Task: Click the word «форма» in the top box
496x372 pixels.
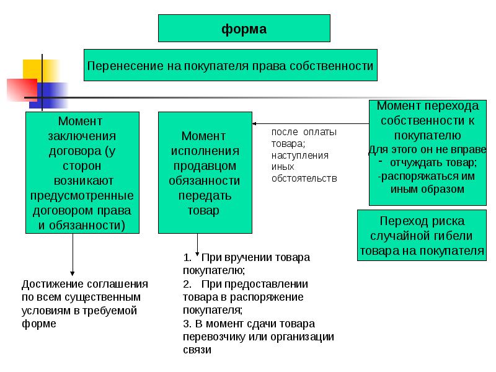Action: pos(244,29)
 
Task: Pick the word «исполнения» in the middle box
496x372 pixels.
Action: pos(205,151)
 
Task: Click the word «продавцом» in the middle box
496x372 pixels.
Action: pos(205,166)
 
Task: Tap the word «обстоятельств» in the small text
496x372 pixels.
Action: pos(304,179)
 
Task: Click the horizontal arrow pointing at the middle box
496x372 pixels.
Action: pos(310,123)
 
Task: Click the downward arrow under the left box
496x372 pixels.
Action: pos(73,254)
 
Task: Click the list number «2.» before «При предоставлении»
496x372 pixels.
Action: pos(188,283)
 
